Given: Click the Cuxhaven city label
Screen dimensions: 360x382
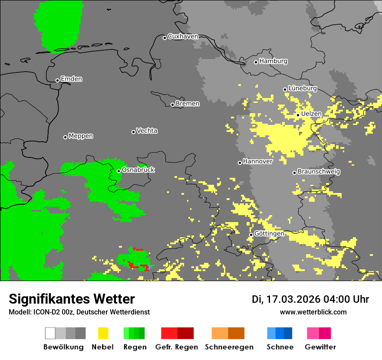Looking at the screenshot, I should coord(183,36).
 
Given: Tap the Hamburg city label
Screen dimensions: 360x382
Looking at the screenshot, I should coord(273,61).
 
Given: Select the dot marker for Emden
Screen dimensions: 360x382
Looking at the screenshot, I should coord(57,80).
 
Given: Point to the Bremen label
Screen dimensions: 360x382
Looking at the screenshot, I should coord(188,104).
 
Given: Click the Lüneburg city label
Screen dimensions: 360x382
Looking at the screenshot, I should coord(303,88).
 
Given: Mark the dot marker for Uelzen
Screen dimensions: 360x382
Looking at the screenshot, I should coord(298,115).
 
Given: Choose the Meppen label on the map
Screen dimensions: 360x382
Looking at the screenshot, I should coord(81,136).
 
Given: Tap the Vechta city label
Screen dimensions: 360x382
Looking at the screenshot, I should coord(147,131).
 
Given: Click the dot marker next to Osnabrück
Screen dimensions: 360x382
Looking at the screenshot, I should coord(119,171).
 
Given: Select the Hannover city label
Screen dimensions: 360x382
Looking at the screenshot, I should coord(257,161).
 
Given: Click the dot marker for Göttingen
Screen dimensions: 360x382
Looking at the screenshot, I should coord(251,235).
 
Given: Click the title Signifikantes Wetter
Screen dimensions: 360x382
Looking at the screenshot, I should coord(72,299).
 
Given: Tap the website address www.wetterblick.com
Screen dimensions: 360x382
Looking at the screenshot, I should coord(313,312).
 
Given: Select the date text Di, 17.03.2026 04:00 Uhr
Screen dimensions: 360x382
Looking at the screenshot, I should coord(310,299).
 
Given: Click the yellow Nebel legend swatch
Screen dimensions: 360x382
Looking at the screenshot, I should coord(103,333).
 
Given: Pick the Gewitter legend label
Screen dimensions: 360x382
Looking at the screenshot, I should coord(320,347).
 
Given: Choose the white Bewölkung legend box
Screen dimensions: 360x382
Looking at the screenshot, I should coord(50,333).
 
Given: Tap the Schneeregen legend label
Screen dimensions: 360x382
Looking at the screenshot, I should coord(229,347).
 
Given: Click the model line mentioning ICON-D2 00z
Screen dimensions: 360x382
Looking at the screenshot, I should coord(79,312).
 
